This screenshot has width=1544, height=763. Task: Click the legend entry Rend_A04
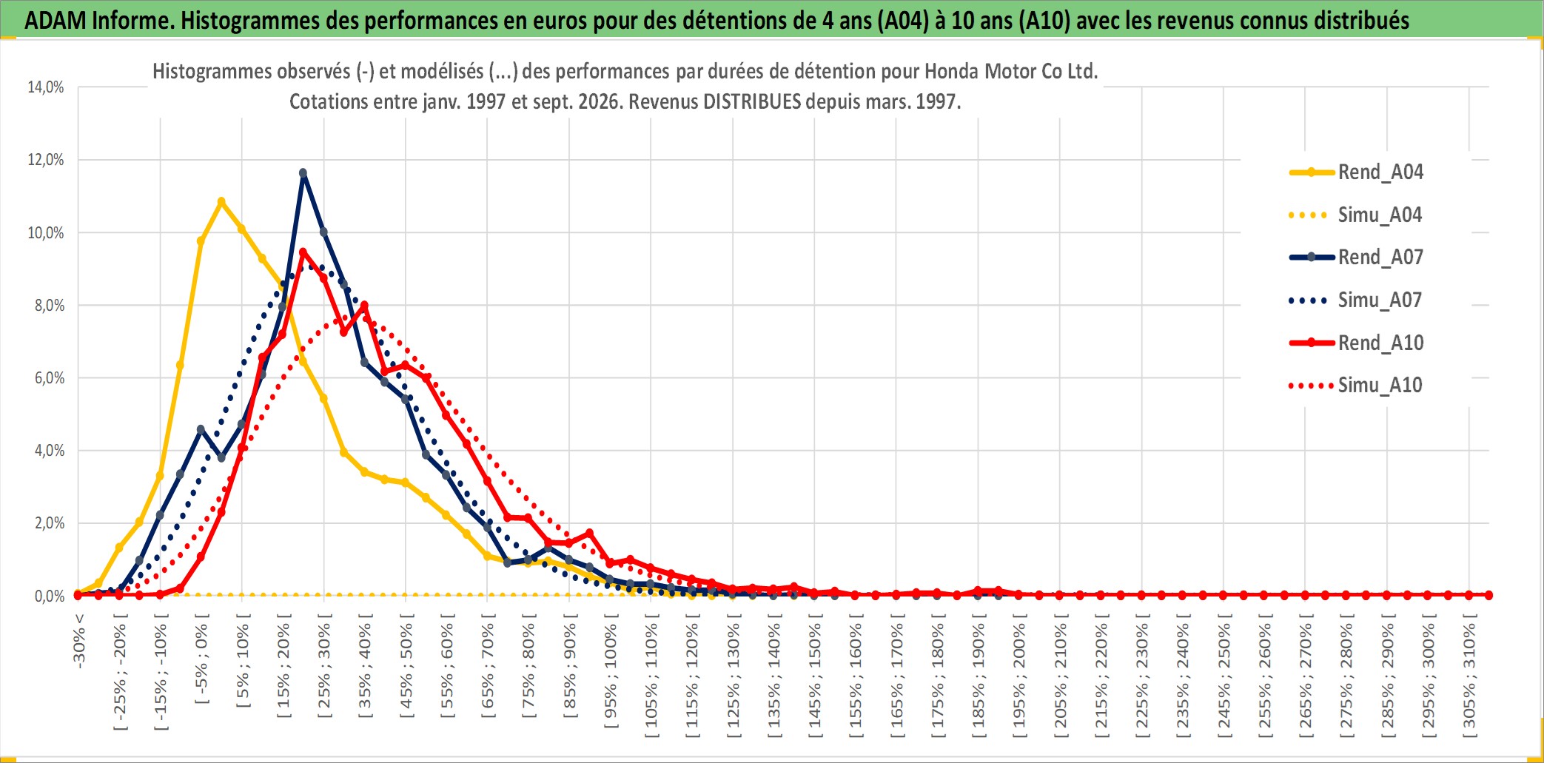click(1356, 172)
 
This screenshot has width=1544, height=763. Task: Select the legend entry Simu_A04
click(1356, 215)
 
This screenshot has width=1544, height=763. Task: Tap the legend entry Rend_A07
click(1356, 258)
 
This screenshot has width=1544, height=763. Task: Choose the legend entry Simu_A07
click(1356, 300)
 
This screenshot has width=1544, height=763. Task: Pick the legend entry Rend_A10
click(1356, 343)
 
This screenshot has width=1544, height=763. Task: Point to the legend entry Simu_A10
click(1356, 386)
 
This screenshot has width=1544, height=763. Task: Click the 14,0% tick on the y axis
click(46, 87)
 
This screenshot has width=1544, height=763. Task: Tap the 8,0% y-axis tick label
click(50, 306)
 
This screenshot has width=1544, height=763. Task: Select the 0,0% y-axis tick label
click(50, 596)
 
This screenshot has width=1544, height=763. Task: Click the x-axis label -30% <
click(79, 641)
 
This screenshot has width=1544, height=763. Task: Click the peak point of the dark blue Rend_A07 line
click(303, 173)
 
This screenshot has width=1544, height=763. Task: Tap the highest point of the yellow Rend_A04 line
click(221, 201)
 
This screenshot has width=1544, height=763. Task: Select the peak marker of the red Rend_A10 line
click(303, 252)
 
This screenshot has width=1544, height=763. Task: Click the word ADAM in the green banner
click(56, 20)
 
